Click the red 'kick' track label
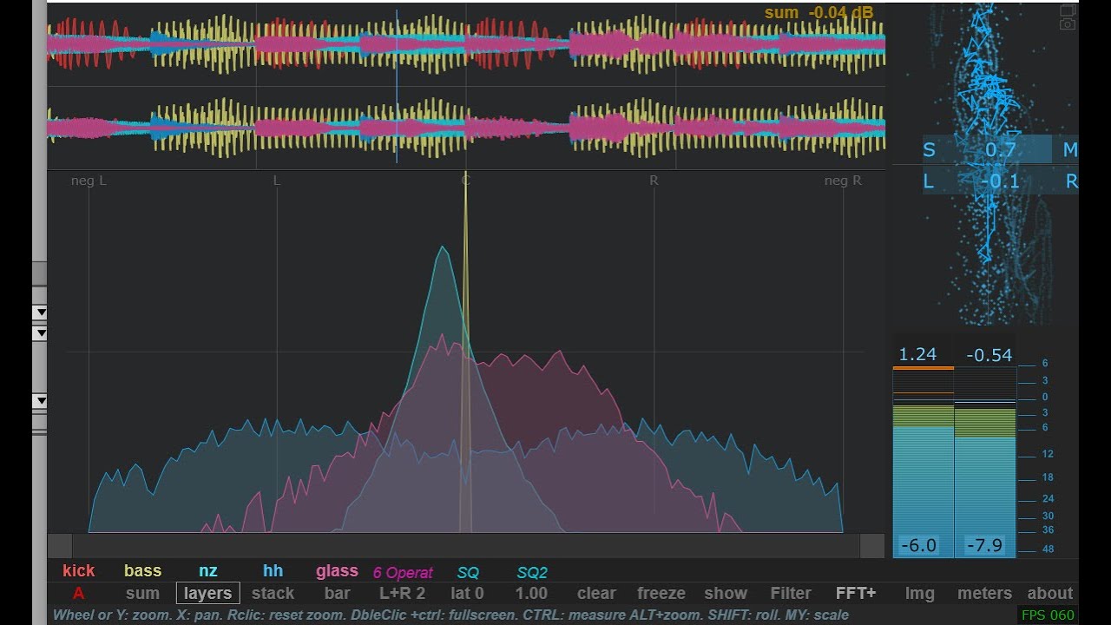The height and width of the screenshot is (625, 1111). point(79,571)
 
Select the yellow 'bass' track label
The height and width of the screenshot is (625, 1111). point(142,571)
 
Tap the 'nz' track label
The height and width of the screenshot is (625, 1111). point(208,571)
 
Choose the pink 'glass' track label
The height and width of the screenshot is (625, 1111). point(337,571)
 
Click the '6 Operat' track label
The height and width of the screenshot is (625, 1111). point(403,573)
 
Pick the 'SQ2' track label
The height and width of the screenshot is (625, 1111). point(532,573)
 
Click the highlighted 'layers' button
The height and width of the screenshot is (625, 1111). point(208,594)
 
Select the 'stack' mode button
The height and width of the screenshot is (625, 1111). point(273,594)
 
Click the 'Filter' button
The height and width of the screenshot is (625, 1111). point(791,594)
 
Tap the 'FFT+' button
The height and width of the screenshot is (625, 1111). point(856,594)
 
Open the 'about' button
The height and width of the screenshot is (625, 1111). point(1050,594)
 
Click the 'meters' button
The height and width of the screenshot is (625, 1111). point(984,594)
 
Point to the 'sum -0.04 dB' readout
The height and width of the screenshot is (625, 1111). point(818,12)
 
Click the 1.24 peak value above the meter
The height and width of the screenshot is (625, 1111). point(917,354)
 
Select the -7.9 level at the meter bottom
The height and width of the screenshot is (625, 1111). point(984,546)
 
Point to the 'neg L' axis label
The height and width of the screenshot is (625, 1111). point(89,181)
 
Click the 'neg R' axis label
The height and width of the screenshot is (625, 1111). point(843,181)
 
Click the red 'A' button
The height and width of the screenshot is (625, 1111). point(79,594)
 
